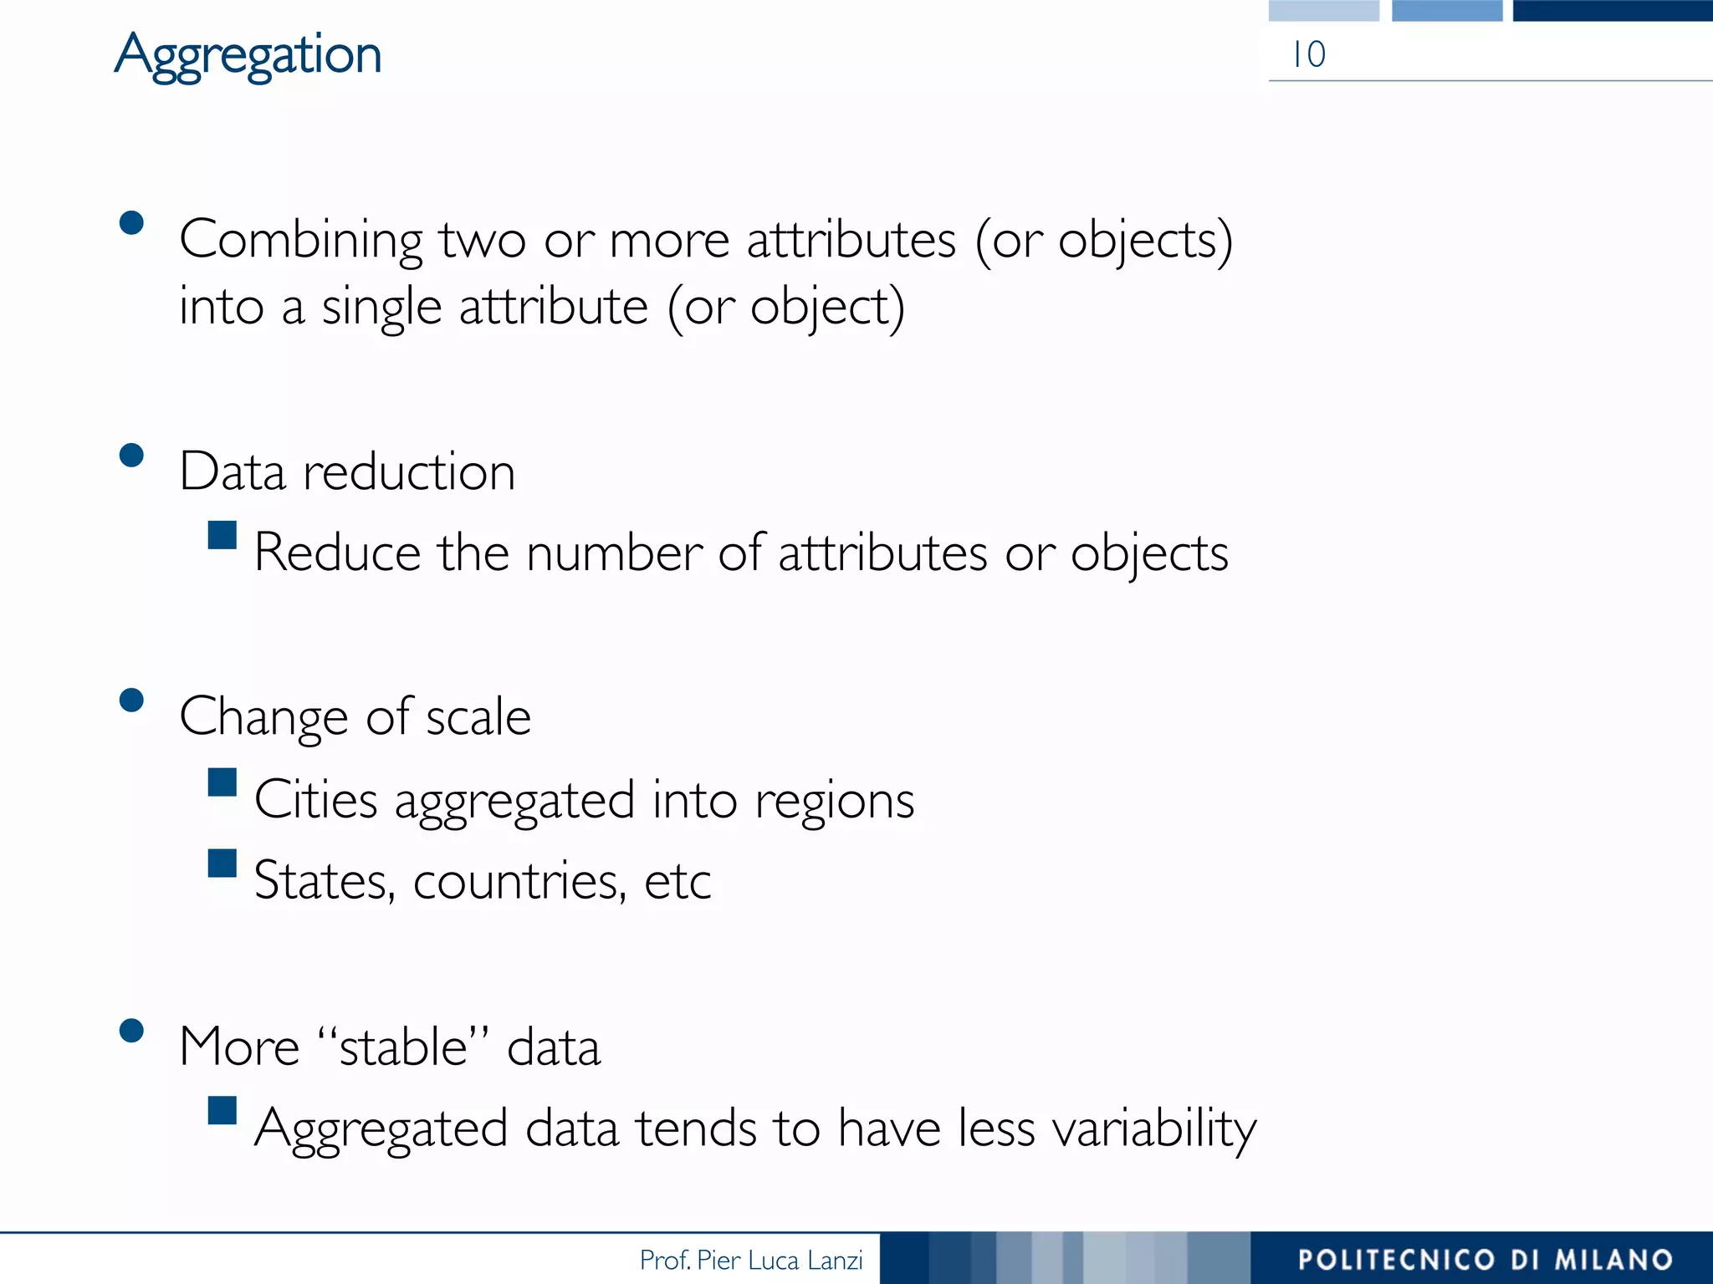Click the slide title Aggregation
[248, 55]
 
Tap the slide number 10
[1308, 55]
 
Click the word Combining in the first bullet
[300, 241]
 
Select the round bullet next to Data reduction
[131, 455]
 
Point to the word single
[381, 308]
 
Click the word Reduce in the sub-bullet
[337, 553]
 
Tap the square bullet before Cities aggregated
[222, 782]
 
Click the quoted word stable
[402, 1046]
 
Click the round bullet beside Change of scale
[131, 700]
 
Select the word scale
[478, 717]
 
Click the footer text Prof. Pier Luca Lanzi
[750, 1260]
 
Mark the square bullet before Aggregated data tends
[222, 1110]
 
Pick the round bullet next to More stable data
[131, 1030]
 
